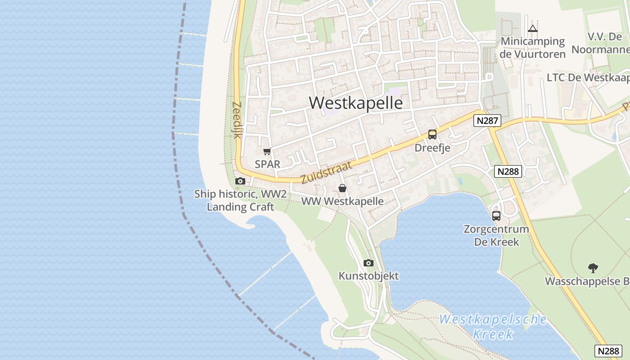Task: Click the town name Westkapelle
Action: (355, 103)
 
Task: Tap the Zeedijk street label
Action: (237, 120)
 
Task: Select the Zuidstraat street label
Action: (326, 173)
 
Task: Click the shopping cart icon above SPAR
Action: (267, 152)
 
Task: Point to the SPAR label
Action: (267, 164)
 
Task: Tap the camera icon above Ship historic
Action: (240, 181)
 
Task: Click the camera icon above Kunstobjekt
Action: (369, 263)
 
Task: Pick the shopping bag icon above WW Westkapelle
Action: (342, 188)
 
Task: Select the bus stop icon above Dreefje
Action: (432, 134)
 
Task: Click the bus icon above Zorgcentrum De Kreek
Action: (496, 216)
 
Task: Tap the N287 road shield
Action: (487, 121)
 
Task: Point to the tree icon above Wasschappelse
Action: (593, 268)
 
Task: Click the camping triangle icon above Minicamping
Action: (533, 28)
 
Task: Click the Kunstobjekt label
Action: (369, 276)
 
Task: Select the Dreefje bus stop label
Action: (432, 148)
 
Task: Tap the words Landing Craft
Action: (240, 207)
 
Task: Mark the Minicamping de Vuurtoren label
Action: (533, 48)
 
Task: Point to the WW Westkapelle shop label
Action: (342, 201)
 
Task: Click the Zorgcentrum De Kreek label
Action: (496, 235)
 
